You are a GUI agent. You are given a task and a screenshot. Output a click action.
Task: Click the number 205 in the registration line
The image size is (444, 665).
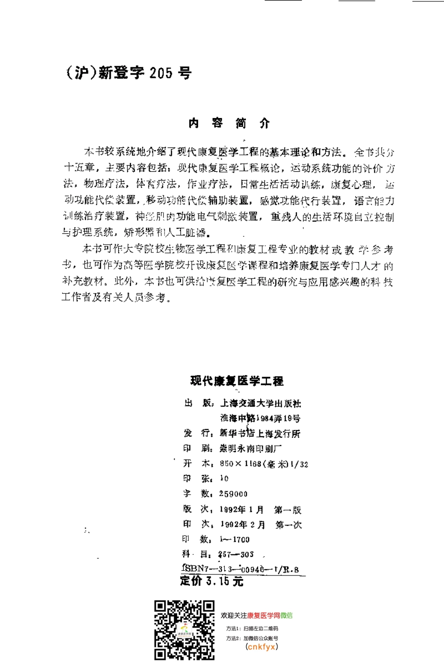161,73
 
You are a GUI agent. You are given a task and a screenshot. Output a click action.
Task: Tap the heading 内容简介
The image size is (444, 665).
229,123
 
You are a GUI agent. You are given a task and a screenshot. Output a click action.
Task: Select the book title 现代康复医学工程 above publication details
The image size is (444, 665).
237,381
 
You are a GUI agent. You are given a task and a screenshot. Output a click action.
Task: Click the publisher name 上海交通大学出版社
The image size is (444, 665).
261,403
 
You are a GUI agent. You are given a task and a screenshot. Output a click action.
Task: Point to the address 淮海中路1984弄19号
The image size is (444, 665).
260,418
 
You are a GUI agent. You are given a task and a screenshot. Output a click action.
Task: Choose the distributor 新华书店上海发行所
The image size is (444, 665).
260,434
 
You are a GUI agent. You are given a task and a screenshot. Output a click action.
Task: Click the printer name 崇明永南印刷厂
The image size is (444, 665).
251,448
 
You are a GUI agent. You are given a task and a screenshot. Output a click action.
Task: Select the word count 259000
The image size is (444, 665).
233,494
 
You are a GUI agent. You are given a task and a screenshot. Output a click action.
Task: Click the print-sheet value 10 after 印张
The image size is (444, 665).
224,478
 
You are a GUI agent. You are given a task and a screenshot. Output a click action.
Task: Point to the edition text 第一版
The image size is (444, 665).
288,510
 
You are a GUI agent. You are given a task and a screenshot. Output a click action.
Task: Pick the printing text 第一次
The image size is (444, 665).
288,525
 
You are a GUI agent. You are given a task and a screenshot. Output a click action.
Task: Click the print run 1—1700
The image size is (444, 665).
235,539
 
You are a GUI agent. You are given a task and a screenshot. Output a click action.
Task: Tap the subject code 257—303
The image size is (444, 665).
236,554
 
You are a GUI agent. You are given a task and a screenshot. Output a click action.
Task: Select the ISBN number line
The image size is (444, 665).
240,569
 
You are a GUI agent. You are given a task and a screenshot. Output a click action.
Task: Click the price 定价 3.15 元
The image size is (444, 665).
212,581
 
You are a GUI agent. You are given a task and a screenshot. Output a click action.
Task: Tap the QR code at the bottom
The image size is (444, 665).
185,630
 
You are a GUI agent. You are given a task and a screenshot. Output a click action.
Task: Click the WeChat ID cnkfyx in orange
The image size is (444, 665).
262,647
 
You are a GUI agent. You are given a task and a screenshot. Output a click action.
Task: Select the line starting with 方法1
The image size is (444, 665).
252,629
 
